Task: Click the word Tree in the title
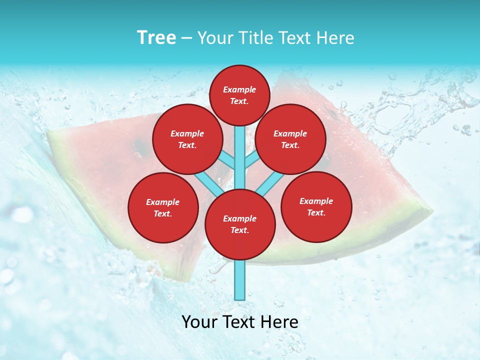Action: [156, 37]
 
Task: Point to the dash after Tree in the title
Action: [187, 38]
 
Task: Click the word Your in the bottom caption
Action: [200, 322]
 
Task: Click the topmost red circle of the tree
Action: [239, 95]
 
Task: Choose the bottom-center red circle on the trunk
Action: [240, 224]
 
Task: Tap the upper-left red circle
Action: [187, 139]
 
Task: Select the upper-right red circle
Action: [290, 139]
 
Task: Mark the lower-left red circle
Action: [163, 207]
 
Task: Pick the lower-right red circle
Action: [316, 206]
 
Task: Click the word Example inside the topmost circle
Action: [239, 89]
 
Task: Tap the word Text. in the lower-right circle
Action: [316, 212]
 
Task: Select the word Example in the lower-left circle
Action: [163, 202]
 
